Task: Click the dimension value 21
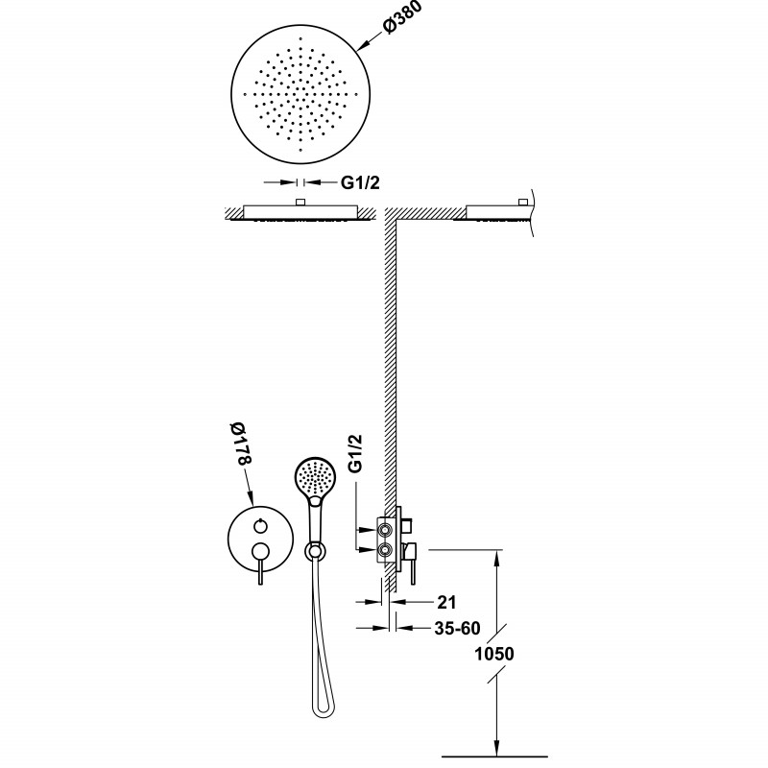click(444, 603)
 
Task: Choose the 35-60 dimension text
click(456, 630)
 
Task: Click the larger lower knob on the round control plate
click(260, 550)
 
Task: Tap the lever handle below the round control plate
click(260, 574)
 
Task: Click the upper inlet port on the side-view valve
click(385, 526)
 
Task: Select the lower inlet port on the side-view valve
click(385, 550)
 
